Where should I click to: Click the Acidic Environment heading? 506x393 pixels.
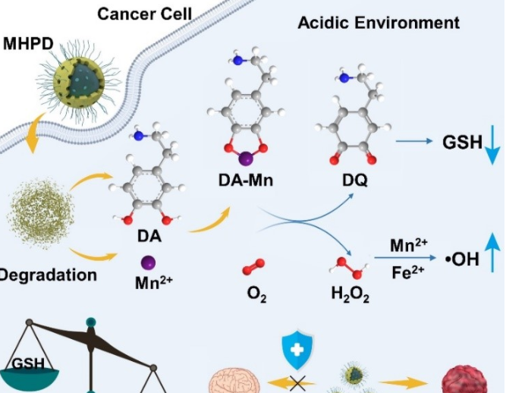tap(378, 22)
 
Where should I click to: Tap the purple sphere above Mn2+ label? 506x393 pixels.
tap(149, 262)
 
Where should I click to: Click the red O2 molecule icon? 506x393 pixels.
tap(253, 267)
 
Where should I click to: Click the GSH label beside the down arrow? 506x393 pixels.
tap(462, 141)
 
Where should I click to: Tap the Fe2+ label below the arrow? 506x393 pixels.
tap(407, 272)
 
